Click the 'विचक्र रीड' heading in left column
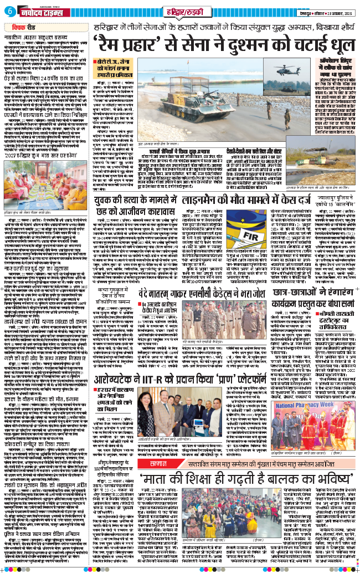(x=23, y=25)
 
